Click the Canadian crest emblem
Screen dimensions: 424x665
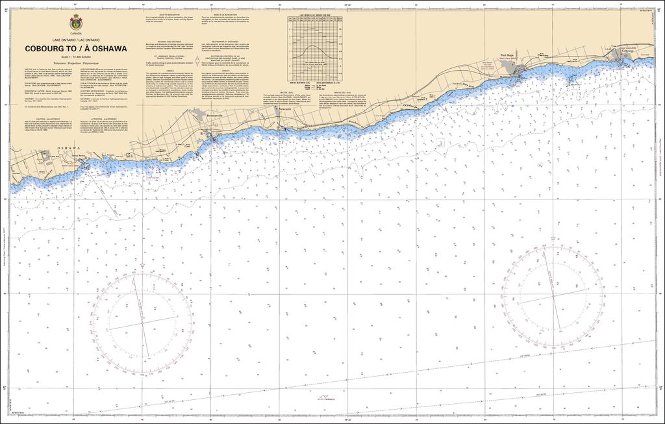[x=76, y=22]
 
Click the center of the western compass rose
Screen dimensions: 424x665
[x=142, y=323]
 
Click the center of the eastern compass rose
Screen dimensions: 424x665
[x=553, y=295]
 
